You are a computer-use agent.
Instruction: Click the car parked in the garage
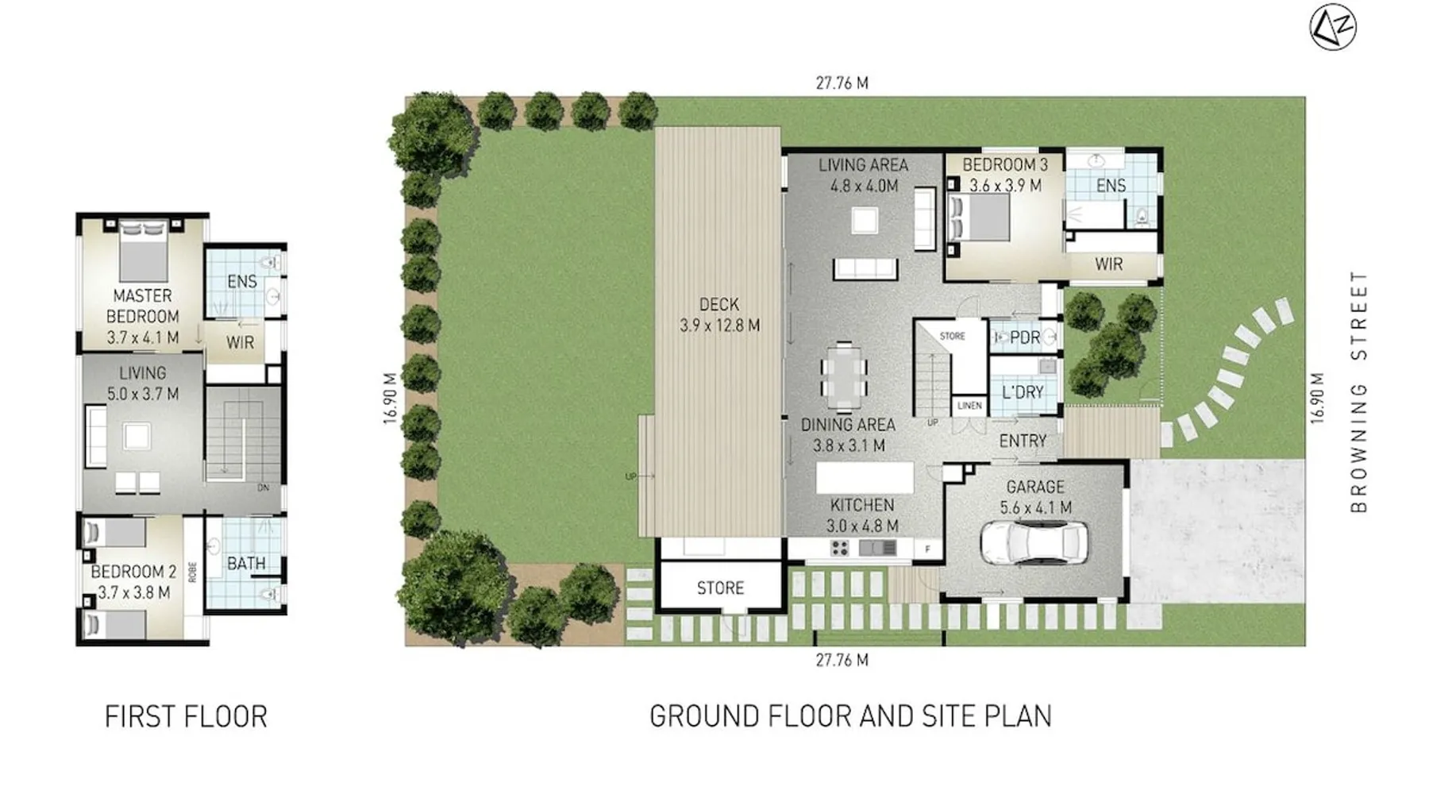[1034, 543]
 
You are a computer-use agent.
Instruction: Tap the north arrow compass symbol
[1333, 28]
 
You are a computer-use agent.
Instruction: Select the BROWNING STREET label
[1359, 391]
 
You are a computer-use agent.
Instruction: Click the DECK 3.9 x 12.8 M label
[719, 314]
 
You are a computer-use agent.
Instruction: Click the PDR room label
[1025, 337]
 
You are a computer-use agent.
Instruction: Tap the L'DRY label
[1023, 392]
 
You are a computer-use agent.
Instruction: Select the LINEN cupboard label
[969, 406]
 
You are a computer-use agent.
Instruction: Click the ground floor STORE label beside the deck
[720, 588]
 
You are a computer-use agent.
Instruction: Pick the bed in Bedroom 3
[979, 217]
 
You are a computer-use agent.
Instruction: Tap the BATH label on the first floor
[246, 564]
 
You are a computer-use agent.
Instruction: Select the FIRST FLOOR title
[186, 716]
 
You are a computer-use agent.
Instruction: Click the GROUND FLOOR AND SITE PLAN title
[850, 716]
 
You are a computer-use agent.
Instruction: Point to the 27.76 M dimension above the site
[842, 83]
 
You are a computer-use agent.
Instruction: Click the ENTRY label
[1023, 441]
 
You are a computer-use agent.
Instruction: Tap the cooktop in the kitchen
[840, 548]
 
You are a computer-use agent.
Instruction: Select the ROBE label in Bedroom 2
[192, 572]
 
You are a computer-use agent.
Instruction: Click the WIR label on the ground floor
[1108, 264]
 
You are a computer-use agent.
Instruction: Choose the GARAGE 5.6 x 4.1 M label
[1034, 497]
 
